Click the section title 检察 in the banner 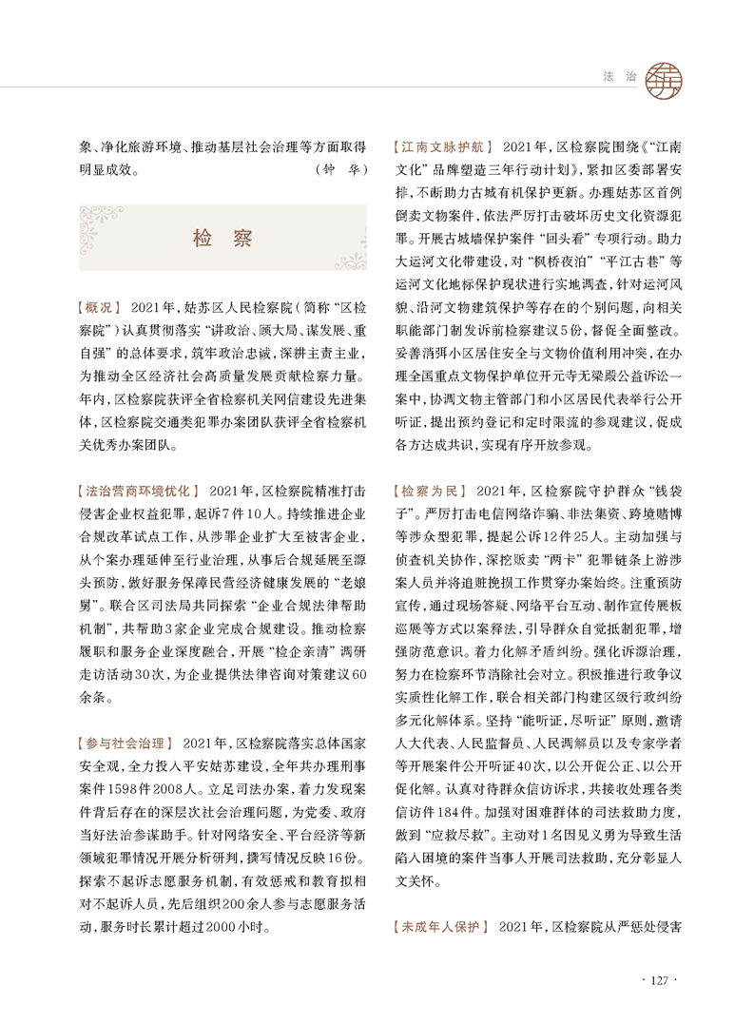click(x=222, y=239)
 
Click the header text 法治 click(x=619, y=75)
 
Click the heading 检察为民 click(x=429, y=492)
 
